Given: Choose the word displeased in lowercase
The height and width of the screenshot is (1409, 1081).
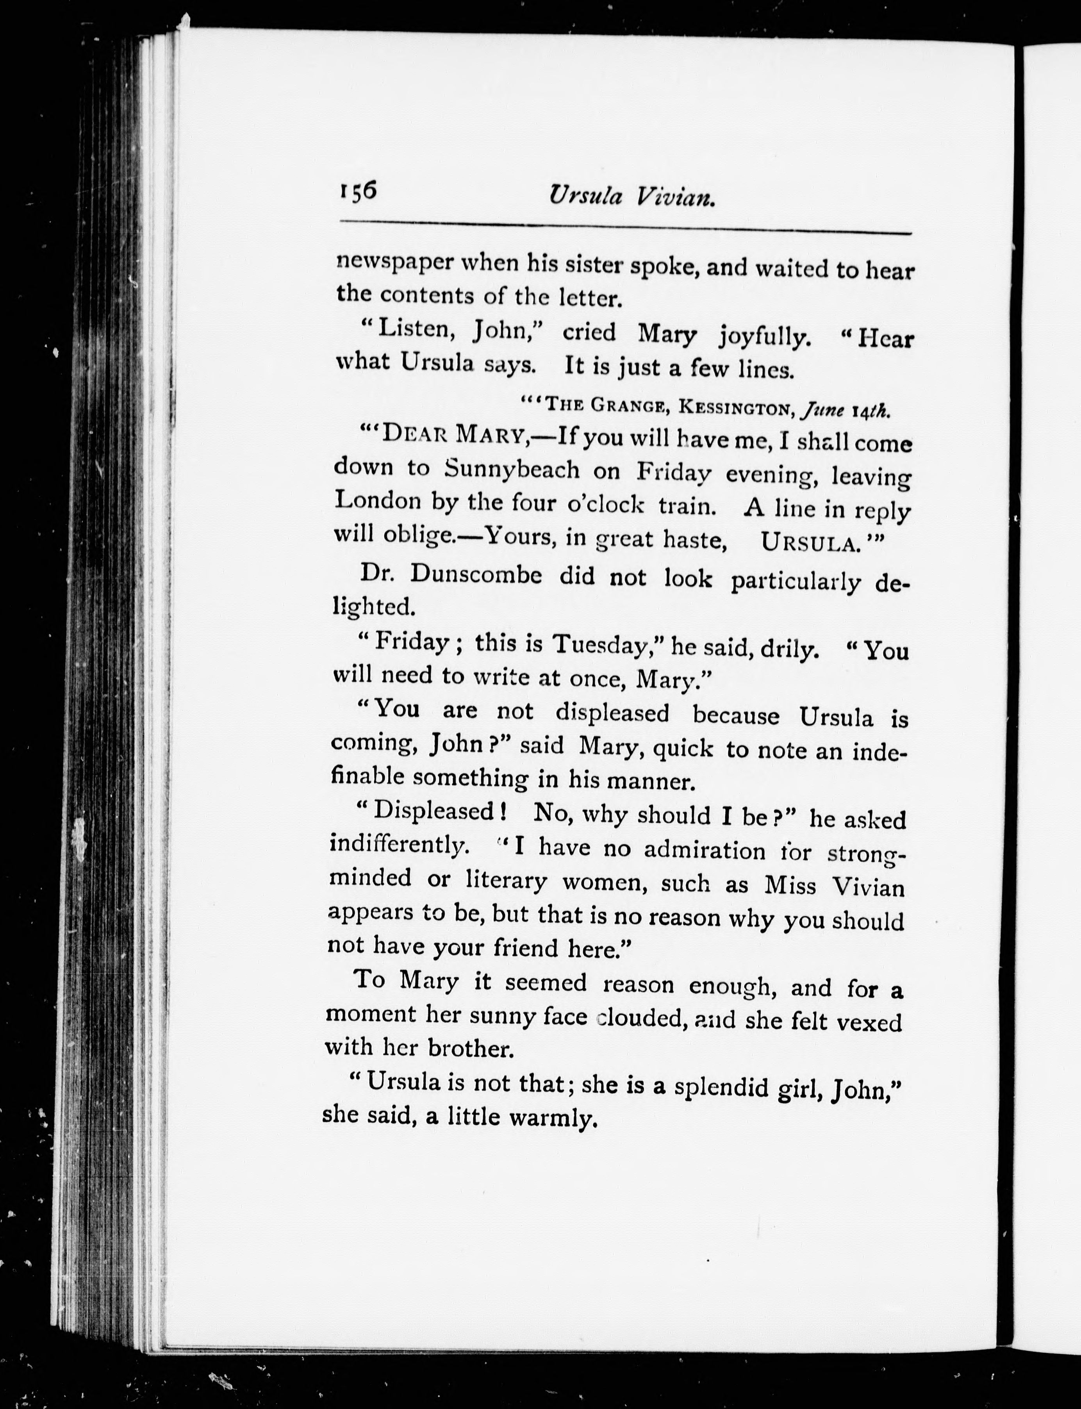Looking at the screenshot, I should point(612,713).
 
